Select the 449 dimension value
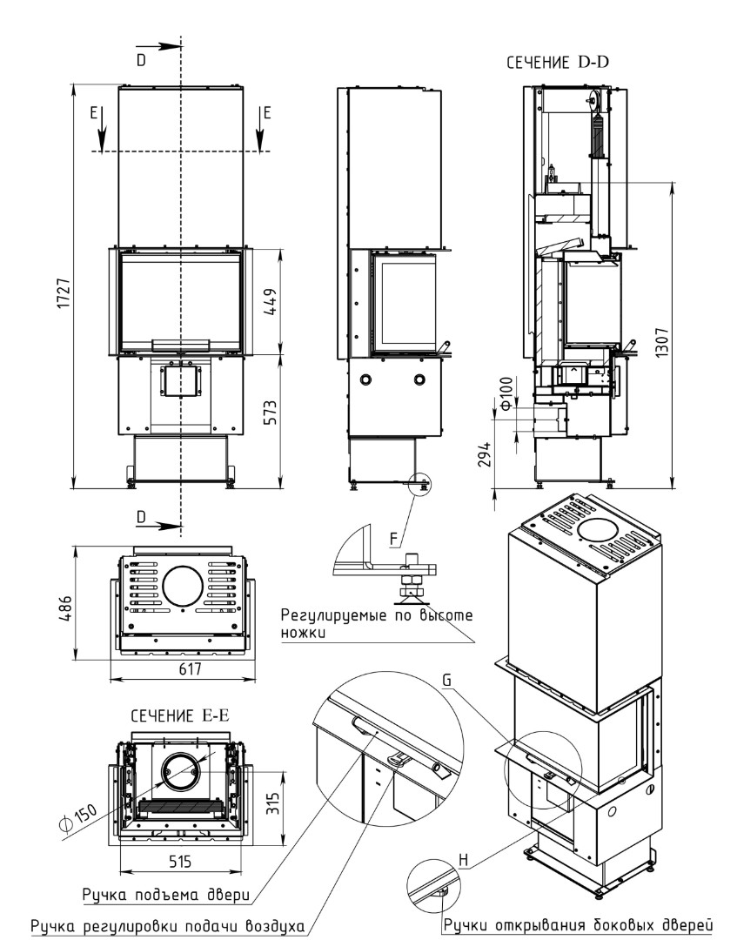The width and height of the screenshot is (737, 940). point(270,301)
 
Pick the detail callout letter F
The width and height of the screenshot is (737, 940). point(393,540)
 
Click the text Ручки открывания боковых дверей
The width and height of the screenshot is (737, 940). point(578,923)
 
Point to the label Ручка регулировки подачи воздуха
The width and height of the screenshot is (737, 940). point(167,925)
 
